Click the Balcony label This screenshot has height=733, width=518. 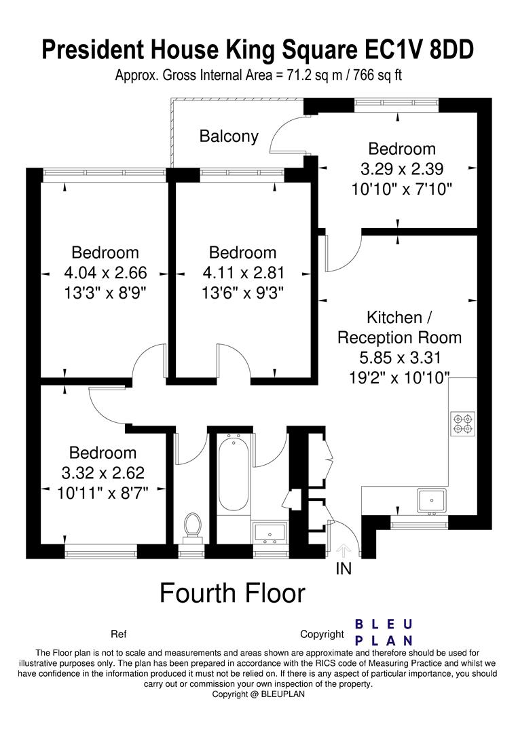coord(229,136)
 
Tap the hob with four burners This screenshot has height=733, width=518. coord(463,424)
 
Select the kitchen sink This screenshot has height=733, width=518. coord(432,501)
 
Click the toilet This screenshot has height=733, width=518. coord(192,529)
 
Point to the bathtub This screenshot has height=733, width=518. coord(234,474)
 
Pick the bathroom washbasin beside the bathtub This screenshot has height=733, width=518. coord(270,533)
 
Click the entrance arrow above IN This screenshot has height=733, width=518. coord(344,550)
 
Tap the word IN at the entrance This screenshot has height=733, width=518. coord(344,569)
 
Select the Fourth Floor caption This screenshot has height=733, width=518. coord(232,593)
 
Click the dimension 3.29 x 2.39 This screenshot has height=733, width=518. coord(402,169)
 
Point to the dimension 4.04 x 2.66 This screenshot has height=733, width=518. coord(105,273)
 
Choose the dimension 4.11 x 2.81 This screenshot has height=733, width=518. coord(243,273)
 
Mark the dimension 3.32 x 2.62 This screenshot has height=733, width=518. coord(103,473)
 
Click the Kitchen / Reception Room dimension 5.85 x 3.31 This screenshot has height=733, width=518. coord(400,358)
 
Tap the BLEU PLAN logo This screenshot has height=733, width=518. coord(384,632)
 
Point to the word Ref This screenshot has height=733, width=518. coord(119,635)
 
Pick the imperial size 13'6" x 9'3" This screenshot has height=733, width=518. coord(243,293)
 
